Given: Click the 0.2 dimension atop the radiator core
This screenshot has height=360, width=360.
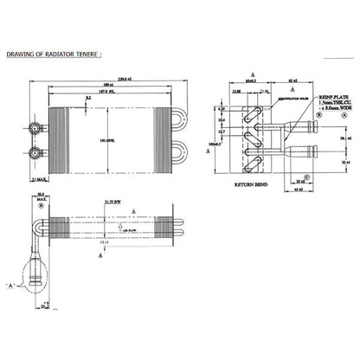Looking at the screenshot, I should (x=90, y=99).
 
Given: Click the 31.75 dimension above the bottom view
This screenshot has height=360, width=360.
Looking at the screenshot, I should (x=112, y=202).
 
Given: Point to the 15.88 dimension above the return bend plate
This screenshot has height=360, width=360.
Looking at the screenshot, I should (x=237, y=91).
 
